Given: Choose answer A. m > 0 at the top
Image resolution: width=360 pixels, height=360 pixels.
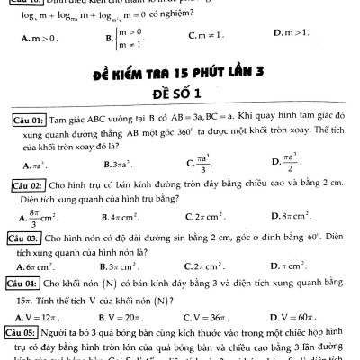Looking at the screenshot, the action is click(39, 39).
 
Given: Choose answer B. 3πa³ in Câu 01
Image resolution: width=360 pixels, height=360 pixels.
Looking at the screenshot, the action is click(121, 165).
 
